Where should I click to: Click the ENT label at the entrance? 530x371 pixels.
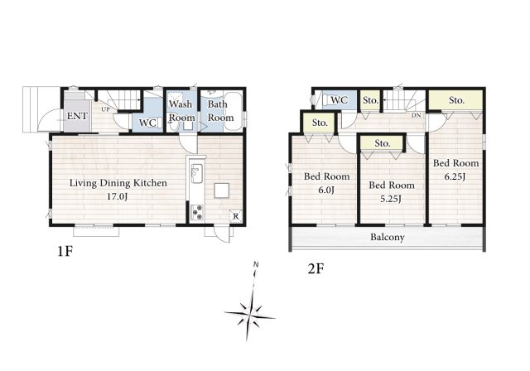[77, 116]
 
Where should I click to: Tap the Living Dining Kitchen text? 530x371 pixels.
[118, 183]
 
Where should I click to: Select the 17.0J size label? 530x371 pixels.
[118, 196]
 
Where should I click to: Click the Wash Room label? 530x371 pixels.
[182, 111]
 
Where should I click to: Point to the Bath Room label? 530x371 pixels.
[220, 111]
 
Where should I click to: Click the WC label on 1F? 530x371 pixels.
[147, 123]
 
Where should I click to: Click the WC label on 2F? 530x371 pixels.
[339, 100]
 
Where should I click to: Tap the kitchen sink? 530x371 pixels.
[196, 173]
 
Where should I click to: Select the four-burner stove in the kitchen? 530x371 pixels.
[197, 212]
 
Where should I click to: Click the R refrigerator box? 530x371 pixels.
[236, 216]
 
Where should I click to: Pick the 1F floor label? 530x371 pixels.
[65, 251]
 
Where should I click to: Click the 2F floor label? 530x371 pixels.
[316, 269]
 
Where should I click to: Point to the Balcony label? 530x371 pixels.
[388, 237]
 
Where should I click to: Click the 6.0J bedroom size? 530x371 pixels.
[326, 190]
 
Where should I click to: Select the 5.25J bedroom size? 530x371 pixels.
[391, 199]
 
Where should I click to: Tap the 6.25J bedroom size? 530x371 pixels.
[455, 176]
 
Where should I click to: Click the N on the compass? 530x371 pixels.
[256, 264]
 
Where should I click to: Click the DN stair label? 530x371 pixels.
[416, 116]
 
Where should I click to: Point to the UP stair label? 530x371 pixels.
[105, 109]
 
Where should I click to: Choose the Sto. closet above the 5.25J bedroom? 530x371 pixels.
[383, 143]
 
